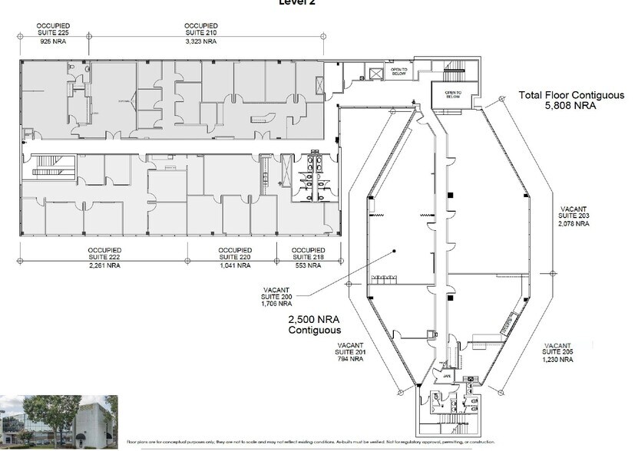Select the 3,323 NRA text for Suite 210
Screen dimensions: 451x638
click(x=201, y=41)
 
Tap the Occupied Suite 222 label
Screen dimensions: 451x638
click(x=104, y=254)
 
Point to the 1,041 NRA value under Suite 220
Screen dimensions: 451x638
click(x=234, y=266)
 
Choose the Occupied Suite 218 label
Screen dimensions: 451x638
click(x=307, y=254)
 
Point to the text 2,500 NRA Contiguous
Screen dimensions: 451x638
click(x=314, y=324)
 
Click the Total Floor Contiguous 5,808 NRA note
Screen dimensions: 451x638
click(x=557, y=101)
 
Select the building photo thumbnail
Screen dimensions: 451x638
click(x=59, y=421)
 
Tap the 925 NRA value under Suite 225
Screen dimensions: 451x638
click(x=52, y=41)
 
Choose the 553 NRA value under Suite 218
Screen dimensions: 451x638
click(x=307, y=266)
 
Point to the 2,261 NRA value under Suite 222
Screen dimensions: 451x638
click(x=104, y=266)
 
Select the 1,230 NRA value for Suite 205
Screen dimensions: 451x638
click(x=558, y=360)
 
